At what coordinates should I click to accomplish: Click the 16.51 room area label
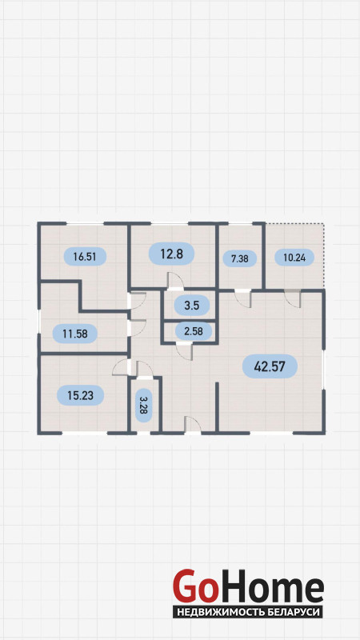(86, 256)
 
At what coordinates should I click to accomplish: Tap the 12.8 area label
(171, 254)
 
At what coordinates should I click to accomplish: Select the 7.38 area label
(240, 258)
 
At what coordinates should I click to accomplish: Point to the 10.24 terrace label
(294, 257)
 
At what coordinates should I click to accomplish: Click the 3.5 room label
(191, 305)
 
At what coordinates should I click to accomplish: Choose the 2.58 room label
(194, 330)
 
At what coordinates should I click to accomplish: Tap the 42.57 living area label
(270, 366)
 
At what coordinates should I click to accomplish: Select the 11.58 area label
(75, 334)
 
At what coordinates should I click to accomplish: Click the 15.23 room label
(81, 395)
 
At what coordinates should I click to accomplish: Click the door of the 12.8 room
(175, 282)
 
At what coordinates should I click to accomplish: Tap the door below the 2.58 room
(185, 351)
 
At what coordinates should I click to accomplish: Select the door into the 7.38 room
(243, 298)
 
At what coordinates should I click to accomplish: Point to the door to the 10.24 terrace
(293, 298)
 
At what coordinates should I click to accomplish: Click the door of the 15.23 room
(122, 367)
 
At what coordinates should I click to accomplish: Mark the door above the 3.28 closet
(144, 370)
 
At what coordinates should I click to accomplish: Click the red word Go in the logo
(194, 586)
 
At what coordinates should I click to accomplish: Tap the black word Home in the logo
(270, 586)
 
